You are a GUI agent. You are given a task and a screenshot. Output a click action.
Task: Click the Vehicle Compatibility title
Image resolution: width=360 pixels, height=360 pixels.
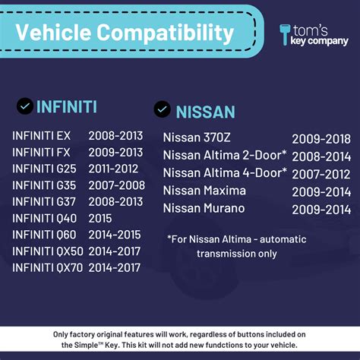[125, 33]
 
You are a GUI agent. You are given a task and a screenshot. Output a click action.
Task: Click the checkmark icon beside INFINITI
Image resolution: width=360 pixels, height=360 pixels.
[24, 106]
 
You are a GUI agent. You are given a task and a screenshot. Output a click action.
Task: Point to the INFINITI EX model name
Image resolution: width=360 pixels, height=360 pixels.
[42, 136]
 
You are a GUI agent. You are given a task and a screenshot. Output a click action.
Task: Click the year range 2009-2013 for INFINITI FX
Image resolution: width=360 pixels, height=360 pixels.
[116, 152]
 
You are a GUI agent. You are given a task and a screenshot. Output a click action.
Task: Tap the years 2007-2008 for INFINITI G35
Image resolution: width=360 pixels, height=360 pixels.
[116, 185]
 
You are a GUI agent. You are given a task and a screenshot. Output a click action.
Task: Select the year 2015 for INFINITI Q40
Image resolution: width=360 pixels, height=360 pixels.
[101, 218]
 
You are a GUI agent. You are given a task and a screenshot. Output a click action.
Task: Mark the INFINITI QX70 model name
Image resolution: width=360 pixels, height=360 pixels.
[47, 267]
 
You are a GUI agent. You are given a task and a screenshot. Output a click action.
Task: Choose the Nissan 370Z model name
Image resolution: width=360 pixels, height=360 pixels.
[197, 138]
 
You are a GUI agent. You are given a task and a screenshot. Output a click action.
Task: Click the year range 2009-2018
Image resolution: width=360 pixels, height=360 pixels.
[321, 139]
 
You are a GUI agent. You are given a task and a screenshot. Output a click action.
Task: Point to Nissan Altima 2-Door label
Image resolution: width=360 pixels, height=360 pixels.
[225, 155]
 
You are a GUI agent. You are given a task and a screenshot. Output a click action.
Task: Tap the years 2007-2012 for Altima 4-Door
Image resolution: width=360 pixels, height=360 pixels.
[321, 173]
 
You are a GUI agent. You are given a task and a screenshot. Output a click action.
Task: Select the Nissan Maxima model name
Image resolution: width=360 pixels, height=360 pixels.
[205, 190]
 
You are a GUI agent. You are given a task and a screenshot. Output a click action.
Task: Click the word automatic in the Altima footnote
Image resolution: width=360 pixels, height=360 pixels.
[279, 239]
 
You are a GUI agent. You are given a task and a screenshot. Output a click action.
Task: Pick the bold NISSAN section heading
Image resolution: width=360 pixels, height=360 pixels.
[205, 112]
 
